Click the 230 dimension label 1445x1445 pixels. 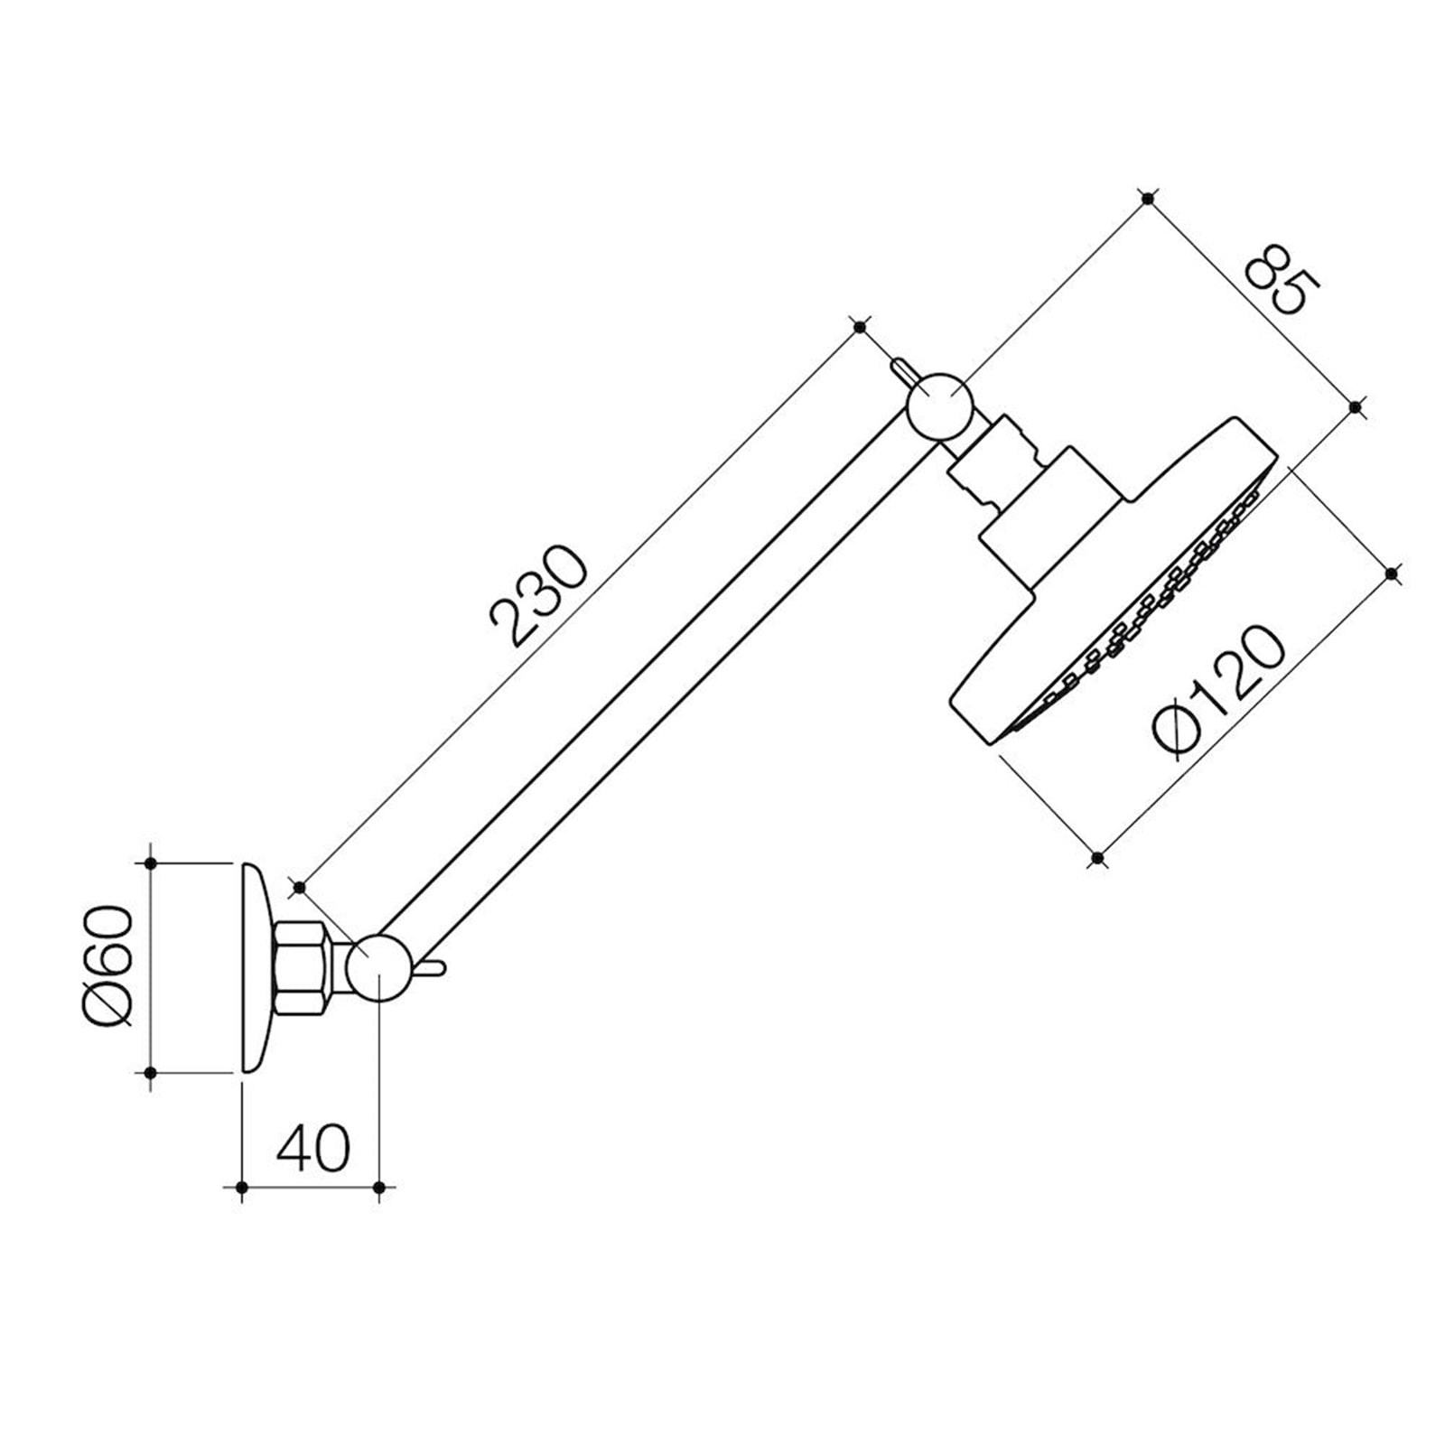(539, 595)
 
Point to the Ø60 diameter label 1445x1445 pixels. (109, 965)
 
